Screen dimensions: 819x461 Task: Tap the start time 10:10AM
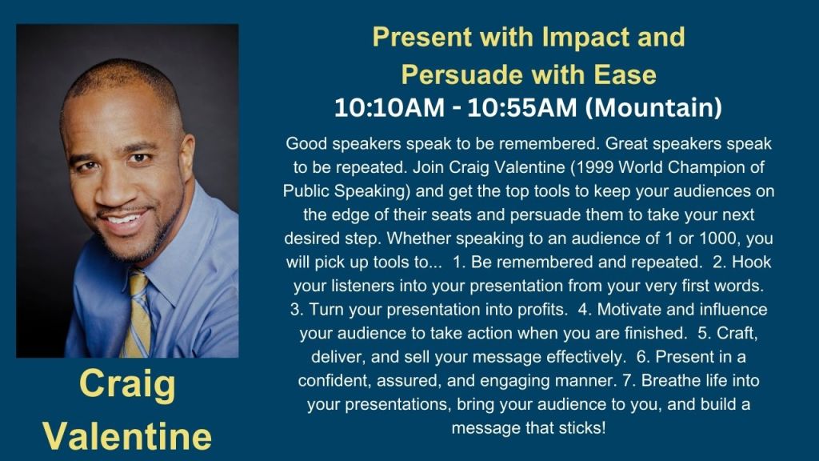click(x=390, y=108)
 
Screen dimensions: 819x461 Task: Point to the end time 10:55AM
click(x=522, y=108)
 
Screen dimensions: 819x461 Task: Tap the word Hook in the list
click(x=752, y=262)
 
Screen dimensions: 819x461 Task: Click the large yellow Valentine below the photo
click(x=127, y=436)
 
